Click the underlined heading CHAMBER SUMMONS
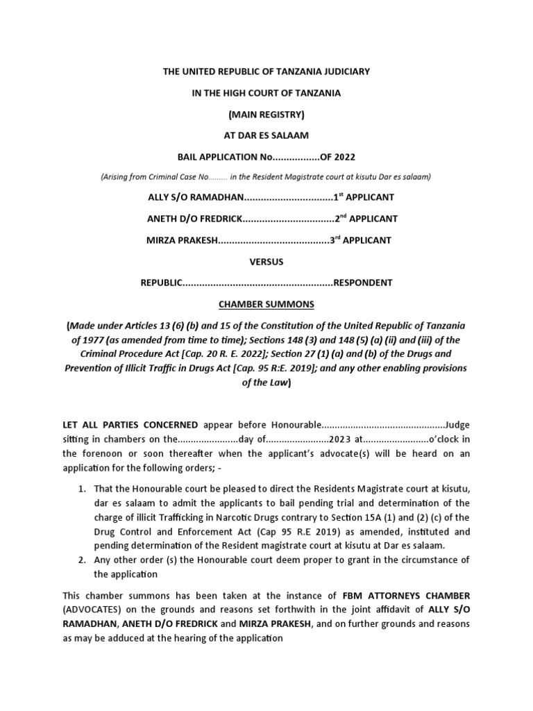(x=266, y=304)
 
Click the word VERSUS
(x=266, y=262)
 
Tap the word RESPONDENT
(x=363, y=283)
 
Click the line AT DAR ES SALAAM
(x=266, y=135)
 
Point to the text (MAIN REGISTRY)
(x=266, y=114)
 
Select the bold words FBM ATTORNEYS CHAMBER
(x=405, y=596)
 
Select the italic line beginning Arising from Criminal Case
(x=266, y=176)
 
